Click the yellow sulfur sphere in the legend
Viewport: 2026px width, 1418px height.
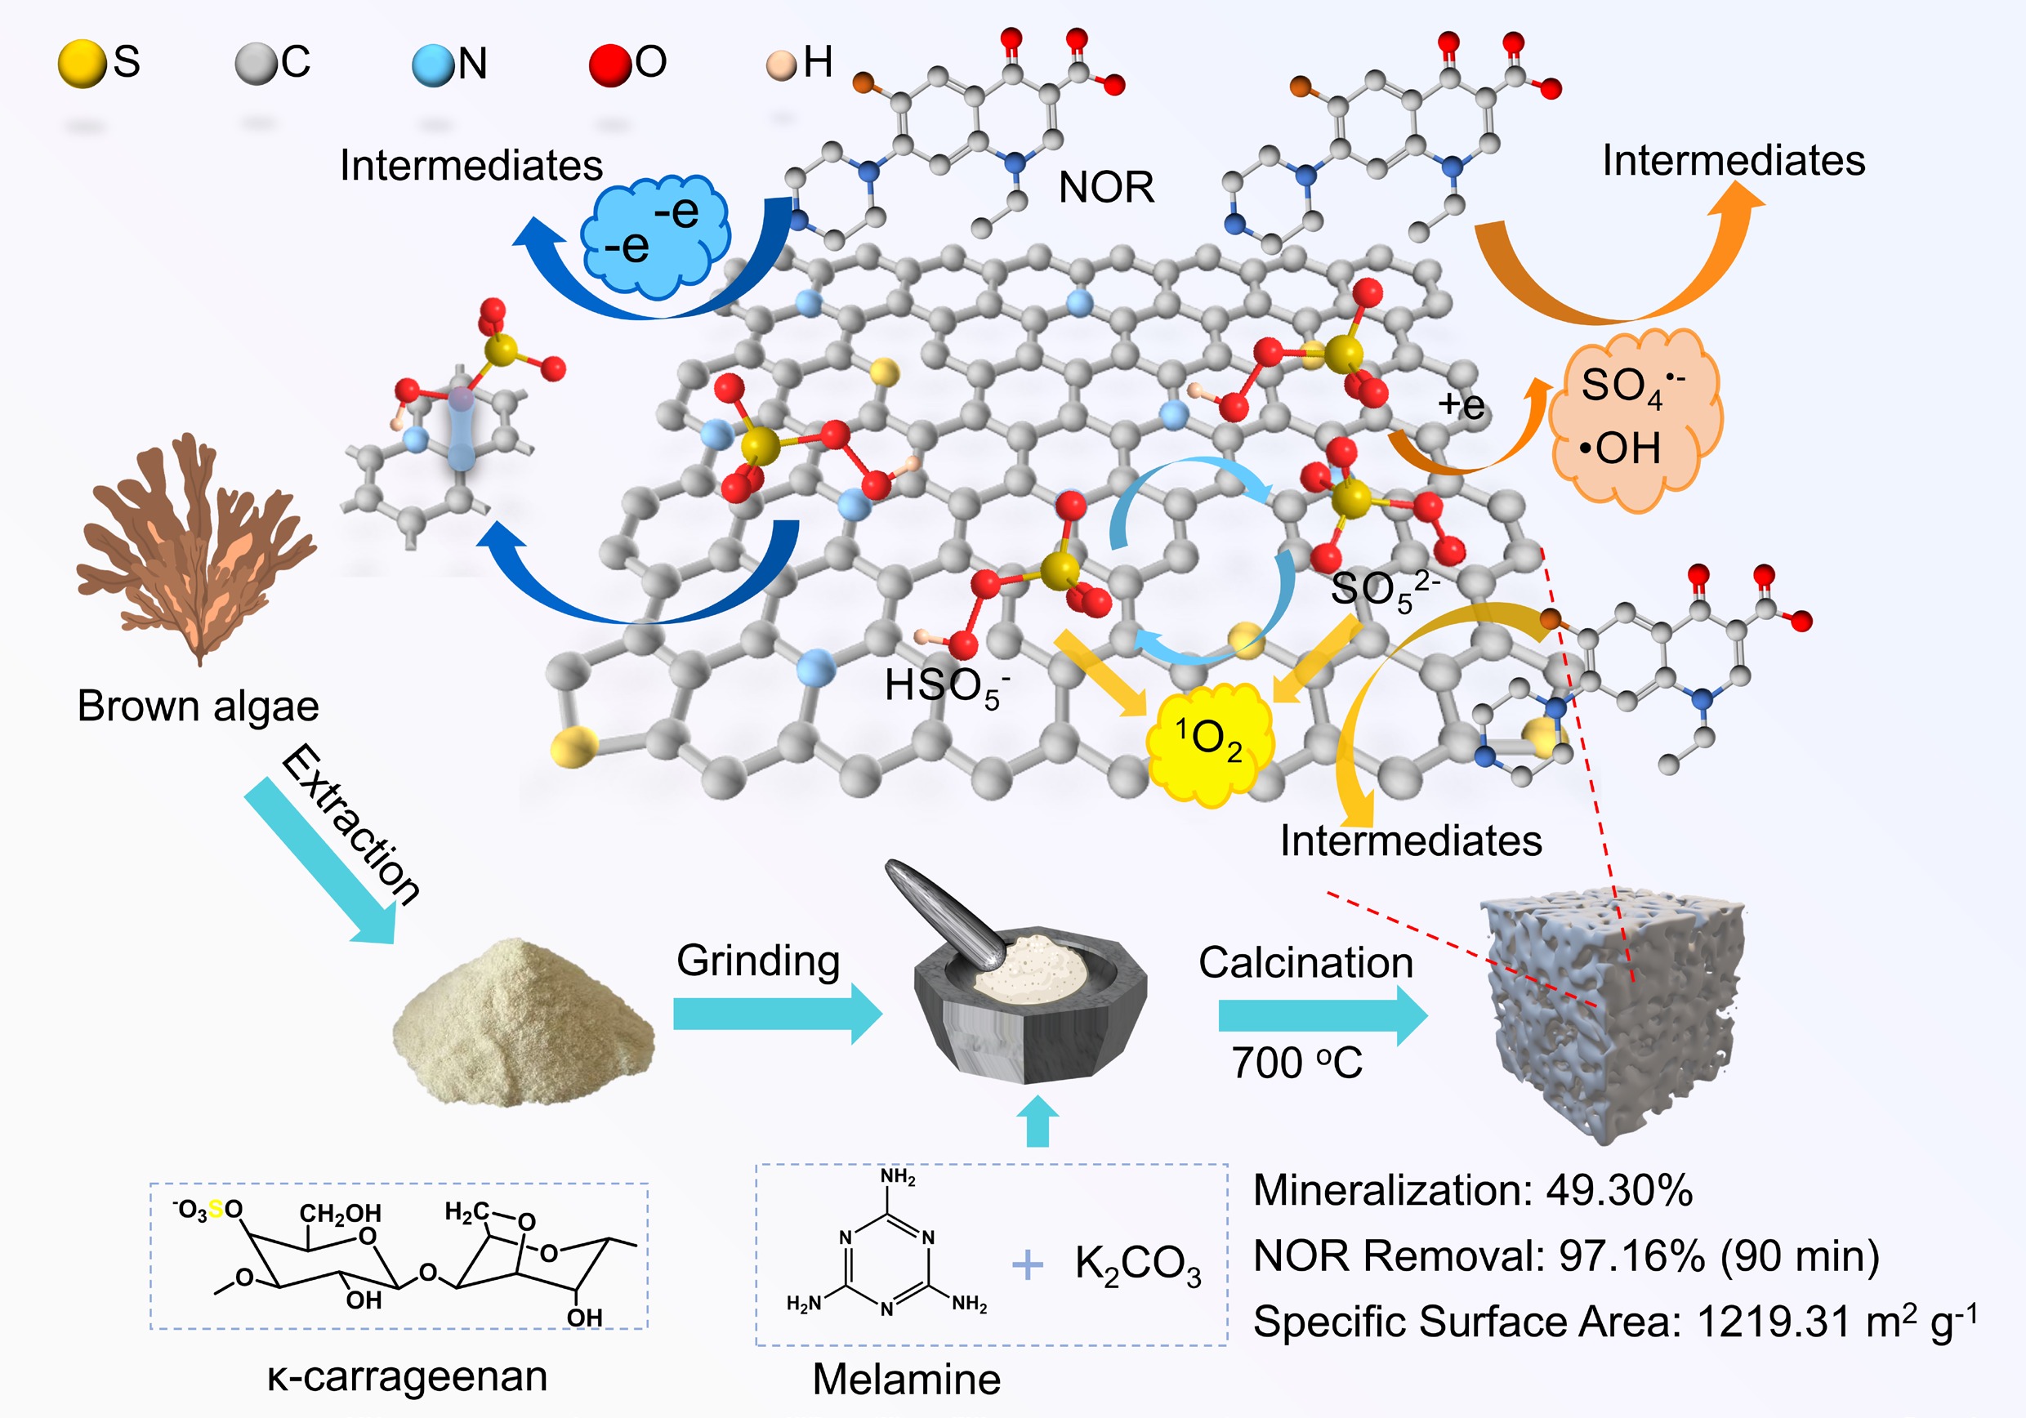(x=81, y=65)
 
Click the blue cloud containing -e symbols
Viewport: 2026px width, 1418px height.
(x=654, y=234)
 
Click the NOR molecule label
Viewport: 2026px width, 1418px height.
(x=1105, y=187)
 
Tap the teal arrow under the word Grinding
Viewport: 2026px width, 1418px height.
(x=777, y=1014)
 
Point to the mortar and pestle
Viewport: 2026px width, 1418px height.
(x=1024, y=988)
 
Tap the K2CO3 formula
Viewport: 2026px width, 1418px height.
(x=1137, y=1264)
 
